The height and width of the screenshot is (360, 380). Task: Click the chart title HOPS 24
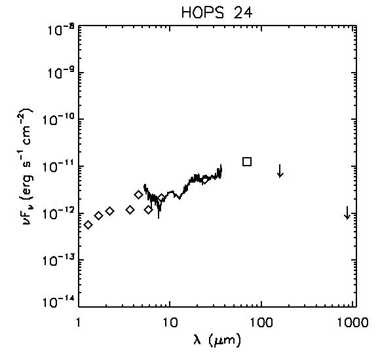(217, 12)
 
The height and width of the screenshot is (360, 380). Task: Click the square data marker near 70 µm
(247, 162)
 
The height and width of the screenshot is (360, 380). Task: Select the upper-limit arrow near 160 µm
(280, 171)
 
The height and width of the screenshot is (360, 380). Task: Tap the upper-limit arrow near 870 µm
(347, 213)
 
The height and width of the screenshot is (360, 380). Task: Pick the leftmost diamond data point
(88, 225)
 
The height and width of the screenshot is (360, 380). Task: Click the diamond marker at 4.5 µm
(139, 194)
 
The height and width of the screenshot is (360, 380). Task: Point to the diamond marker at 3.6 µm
(130, 209)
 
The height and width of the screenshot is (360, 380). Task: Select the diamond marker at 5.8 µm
(149, 210)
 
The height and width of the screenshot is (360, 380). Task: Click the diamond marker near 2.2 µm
(110, 211)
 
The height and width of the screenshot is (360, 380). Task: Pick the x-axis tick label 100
(261, 323)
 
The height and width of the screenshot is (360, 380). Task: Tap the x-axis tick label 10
(170, 323)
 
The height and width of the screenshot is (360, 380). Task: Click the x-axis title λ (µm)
(218, 340)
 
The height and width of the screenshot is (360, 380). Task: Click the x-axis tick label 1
(79, 323)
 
